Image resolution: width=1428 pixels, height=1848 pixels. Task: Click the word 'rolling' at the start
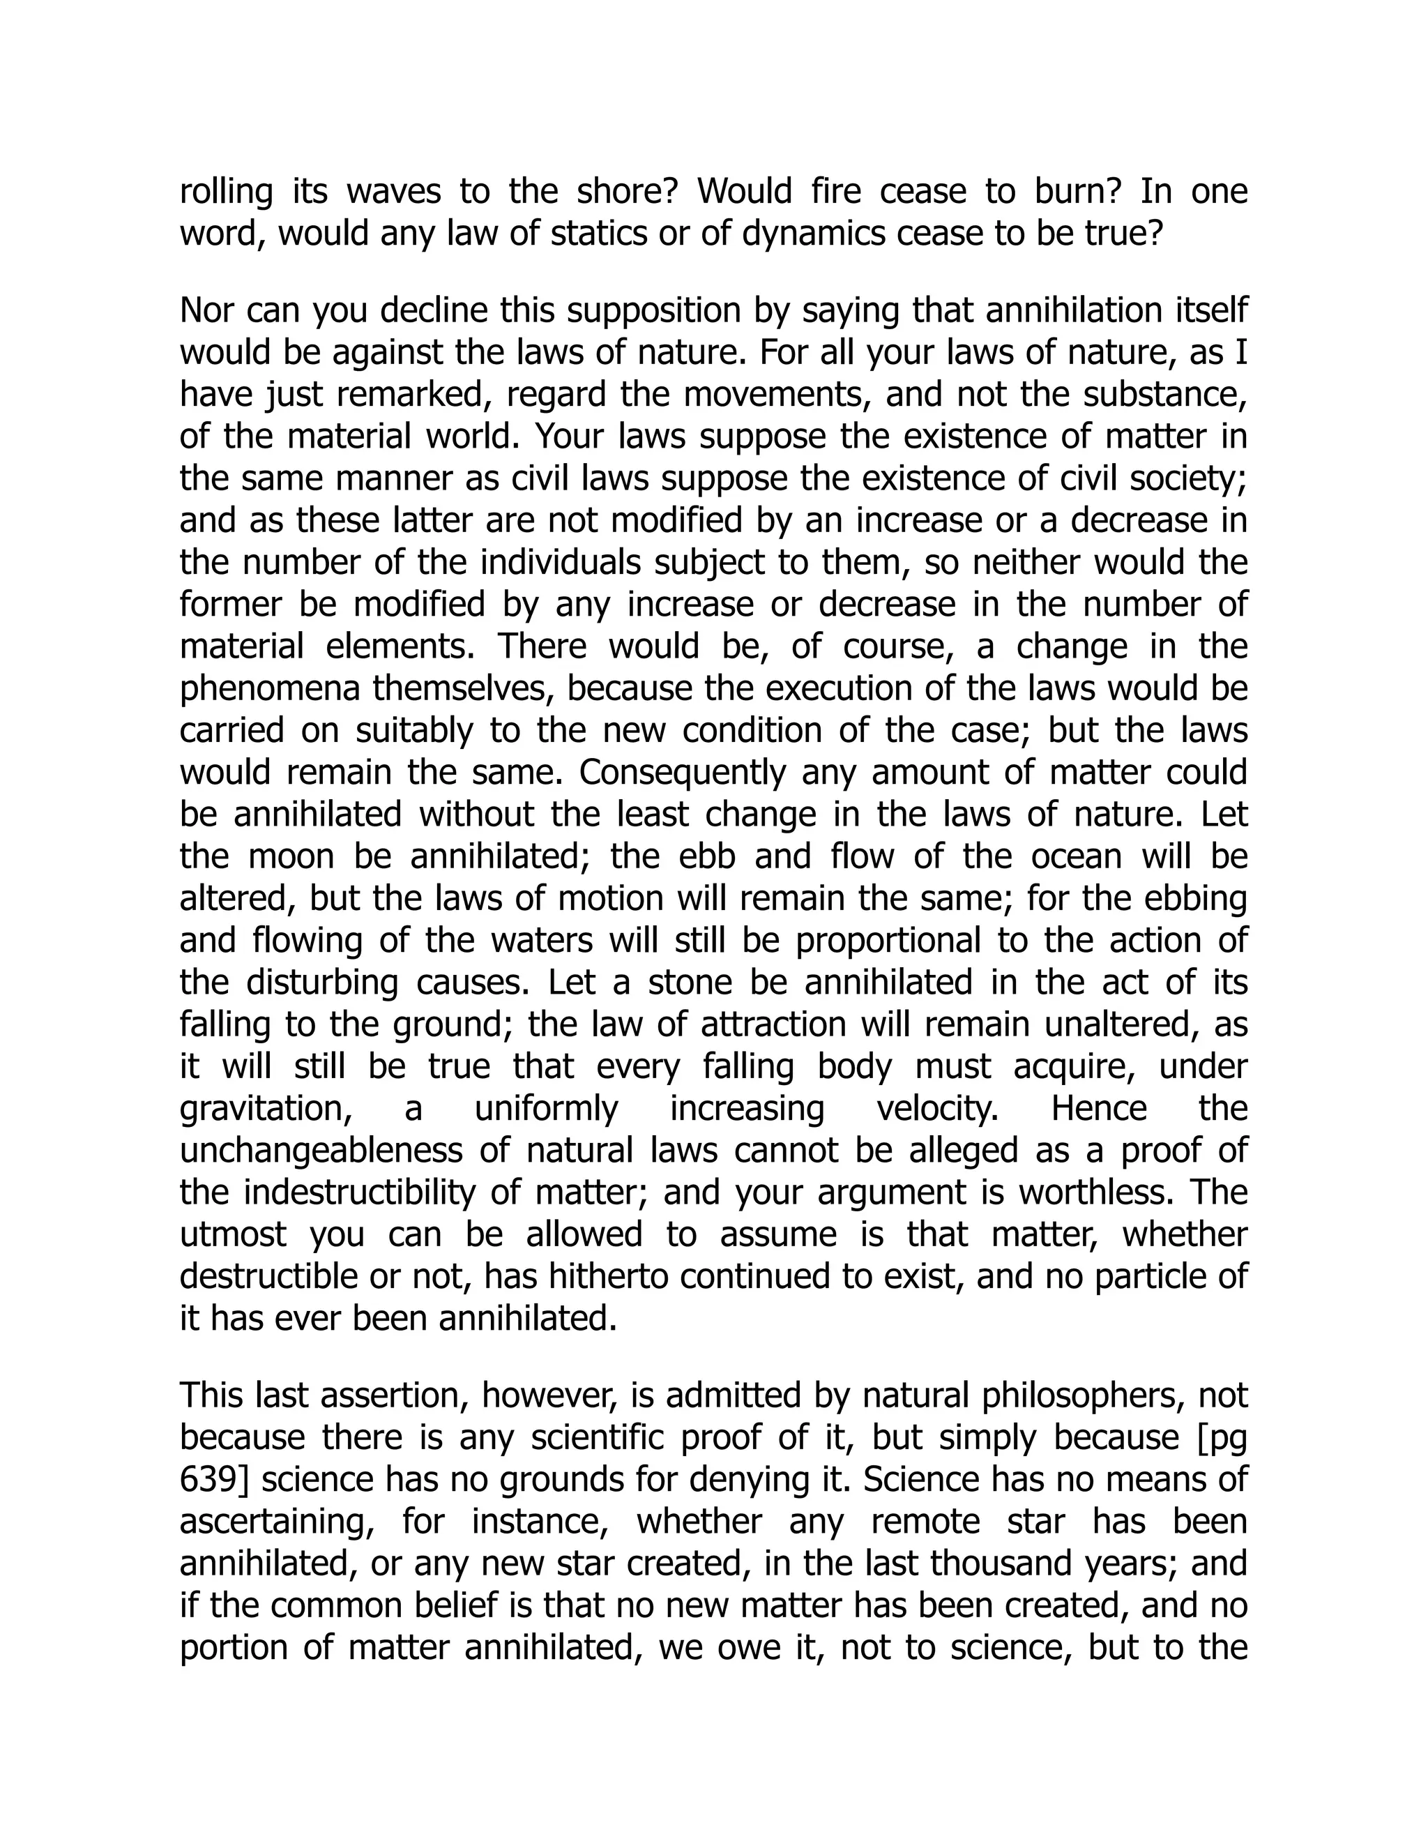click(x=226, y=192)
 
